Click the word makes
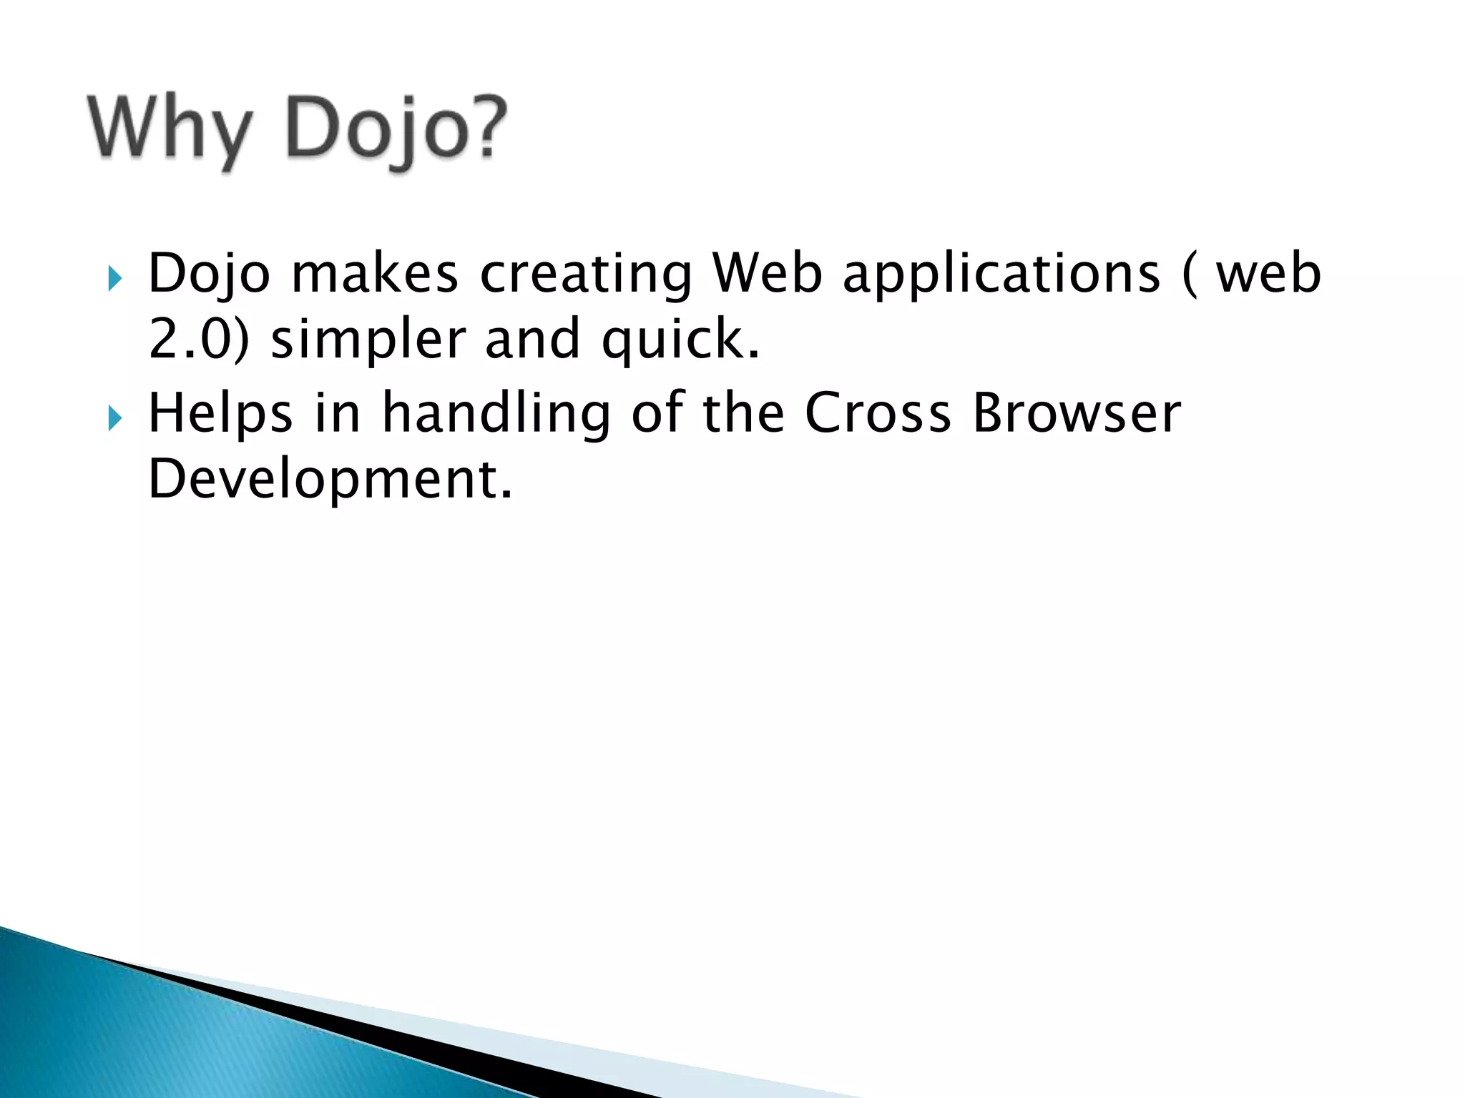pyautogui.click(x=375, y=274)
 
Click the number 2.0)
pyautogui.click(x=199, y=340)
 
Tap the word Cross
pyautogui.click(x=878, y=414)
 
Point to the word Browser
pyautogui.click(x=1077, y=414)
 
